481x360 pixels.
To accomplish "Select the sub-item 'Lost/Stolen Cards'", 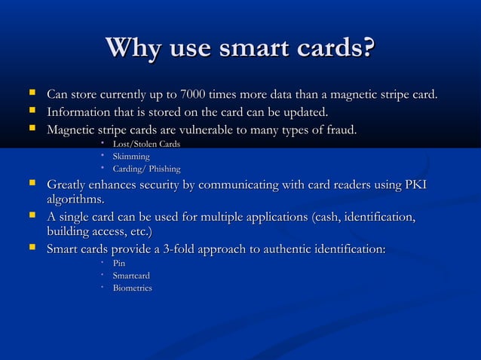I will click(x=146, y=144).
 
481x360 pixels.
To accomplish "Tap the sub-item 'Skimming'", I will click(x=131, y=156).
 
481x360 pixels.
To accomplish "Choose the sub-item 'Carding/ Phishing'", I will click(x=146, y=169).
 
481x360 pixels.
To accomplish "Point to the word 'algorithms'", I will click(x=75, y=200).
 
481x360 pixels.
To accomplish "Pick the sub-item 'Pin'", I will click(x=119, y=263).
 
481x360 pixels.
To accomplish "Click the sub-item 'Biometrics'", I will click(x=132, y=288).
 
